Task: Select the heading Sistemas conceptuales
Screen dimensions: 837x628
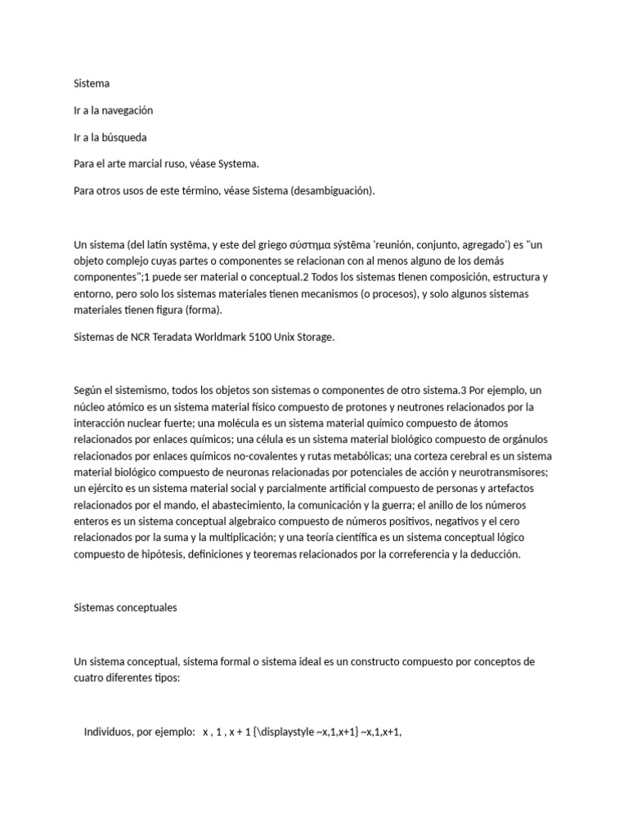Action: click(125, 608)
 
